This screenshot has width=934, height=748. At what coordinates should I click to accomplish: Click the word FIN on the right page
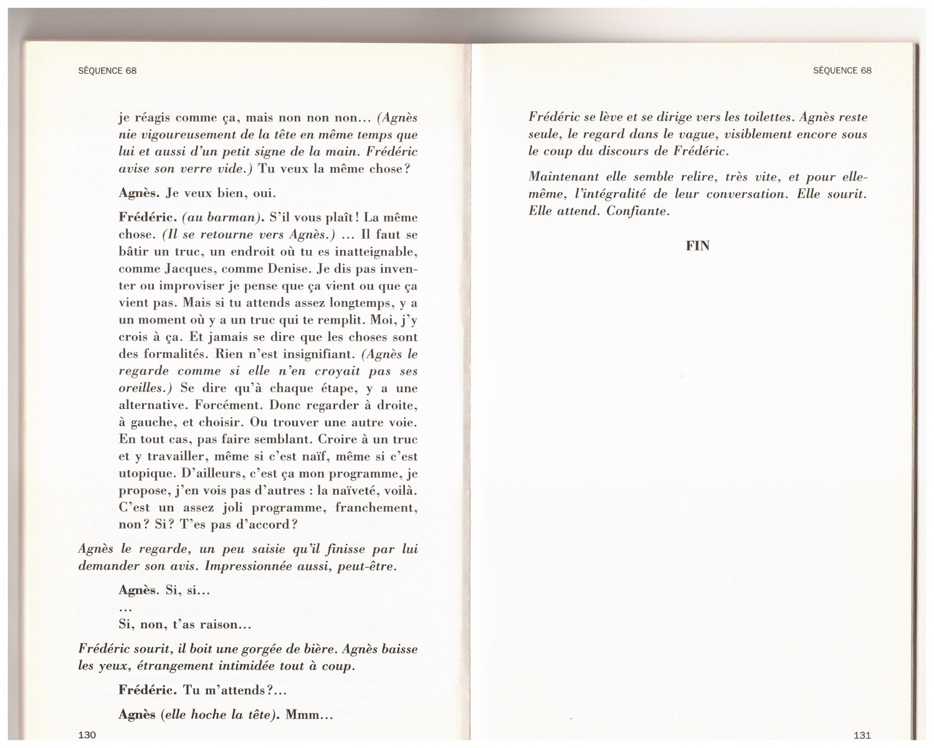(x=697, y=246)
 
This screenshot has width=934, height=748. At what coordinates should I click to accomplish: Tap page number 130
(x=87, y=735)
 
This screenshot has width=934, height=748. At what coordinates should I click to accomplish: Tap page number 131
(x=862, y=735)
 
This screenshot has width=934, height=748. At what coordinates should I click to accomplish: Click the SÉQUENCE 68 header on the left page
(x=107, y=70)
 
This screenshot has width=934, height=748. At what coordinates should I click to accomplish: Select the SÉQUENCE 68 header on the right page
(x=842, y=70)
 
